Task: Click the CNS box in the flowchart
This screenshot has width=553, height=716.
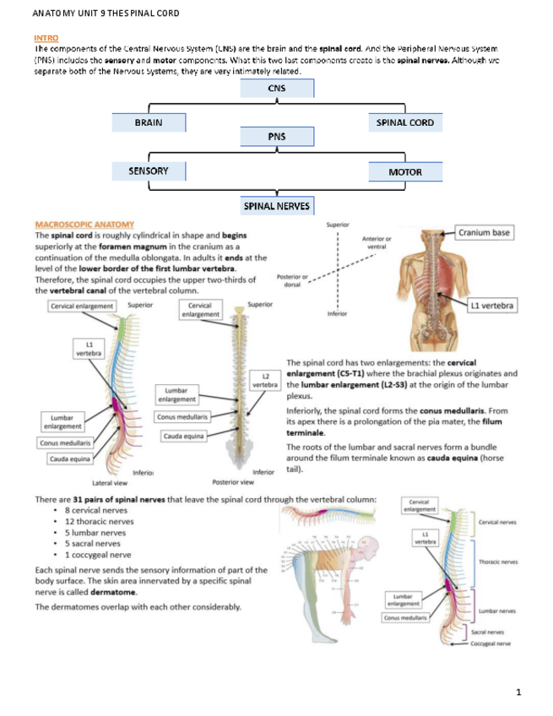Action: [x=277, y=89]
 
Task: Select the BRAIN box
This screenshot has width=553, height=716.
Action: [x=149, y=123]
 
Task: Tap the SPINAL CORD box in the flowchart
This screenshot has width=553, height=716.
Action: [x=404, y=123]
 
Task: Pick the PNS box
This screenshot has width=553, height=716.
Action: [x=277, y=136]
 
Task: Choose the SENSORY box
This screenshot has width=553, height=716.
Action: [x=149, y=171]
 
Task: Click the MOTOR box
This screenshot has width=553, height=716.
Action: [x=404, y=172]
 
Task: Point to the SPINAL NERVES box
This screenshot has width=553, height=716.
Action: [x=277, y=205]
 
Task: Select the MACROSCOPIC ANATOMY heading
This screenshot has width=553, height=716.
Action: [x=79, y=224]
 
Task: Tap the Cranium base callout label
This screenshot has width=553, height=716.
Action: [x=488, y=232]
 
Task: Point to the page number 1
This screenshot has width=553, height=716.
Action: [x=518, y=692]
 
